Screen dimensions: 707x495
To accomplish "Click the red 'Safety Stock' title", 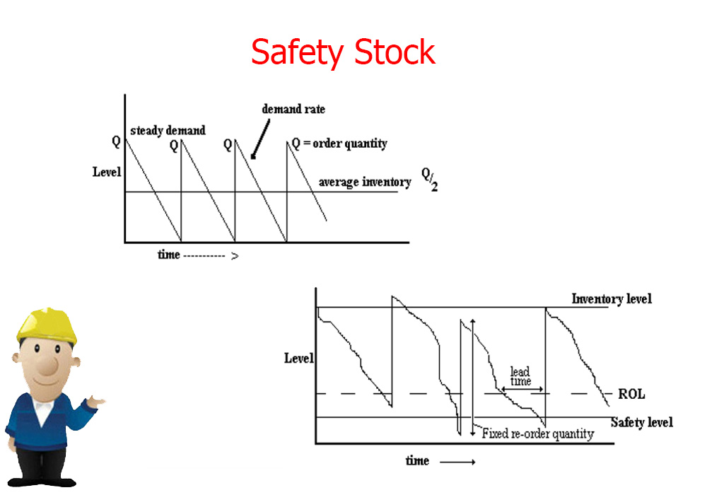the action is pos(343,52).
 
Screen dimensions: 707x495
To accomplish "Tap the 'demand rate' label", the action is pos(293,109).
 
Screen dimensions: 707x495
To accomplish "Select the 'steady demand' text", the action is pos(168,130).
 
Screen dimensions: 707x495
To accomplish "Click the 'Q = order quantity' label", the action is pos(339,144).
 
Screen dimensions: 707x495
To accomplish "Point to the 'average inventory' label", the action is pos(365,182).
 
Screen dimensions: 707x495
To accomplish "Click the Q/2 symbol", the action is pos(429,179).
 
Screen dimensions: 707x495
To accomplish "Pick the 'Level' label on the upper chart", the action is pos(107,172).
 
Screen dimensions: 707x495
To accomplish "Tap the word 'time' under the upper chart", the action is pos(169,255).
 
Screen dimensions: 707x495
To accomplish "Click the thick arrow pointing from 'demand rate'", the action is pos(260,139).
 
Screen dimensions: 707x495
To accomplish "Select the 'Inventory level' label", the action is pos(612,299).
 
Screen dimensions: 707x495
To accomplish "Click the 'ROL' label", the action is pos(631,394).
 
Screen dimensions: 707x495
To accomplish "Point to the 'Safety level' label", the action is pos(642,422).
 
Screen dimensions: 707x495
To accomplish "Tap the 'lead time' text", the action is pos(520,376).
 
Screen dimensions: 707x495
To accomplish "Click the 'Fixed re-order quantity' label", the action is pos(538,433).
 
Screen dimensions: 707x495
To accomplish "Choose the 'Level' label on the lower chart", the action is pos(298,359).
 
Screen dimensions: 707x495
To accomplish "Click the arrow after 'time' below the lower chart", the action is pos(457,462).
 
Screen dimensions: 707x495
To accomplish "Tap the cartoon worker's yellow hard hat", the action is pos(47,325).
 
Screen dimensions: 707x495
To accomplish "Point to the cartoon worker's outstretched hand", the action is pos(95,401).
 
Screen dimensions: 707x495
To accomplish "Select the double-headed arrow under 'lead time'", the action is pos(522,389).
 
